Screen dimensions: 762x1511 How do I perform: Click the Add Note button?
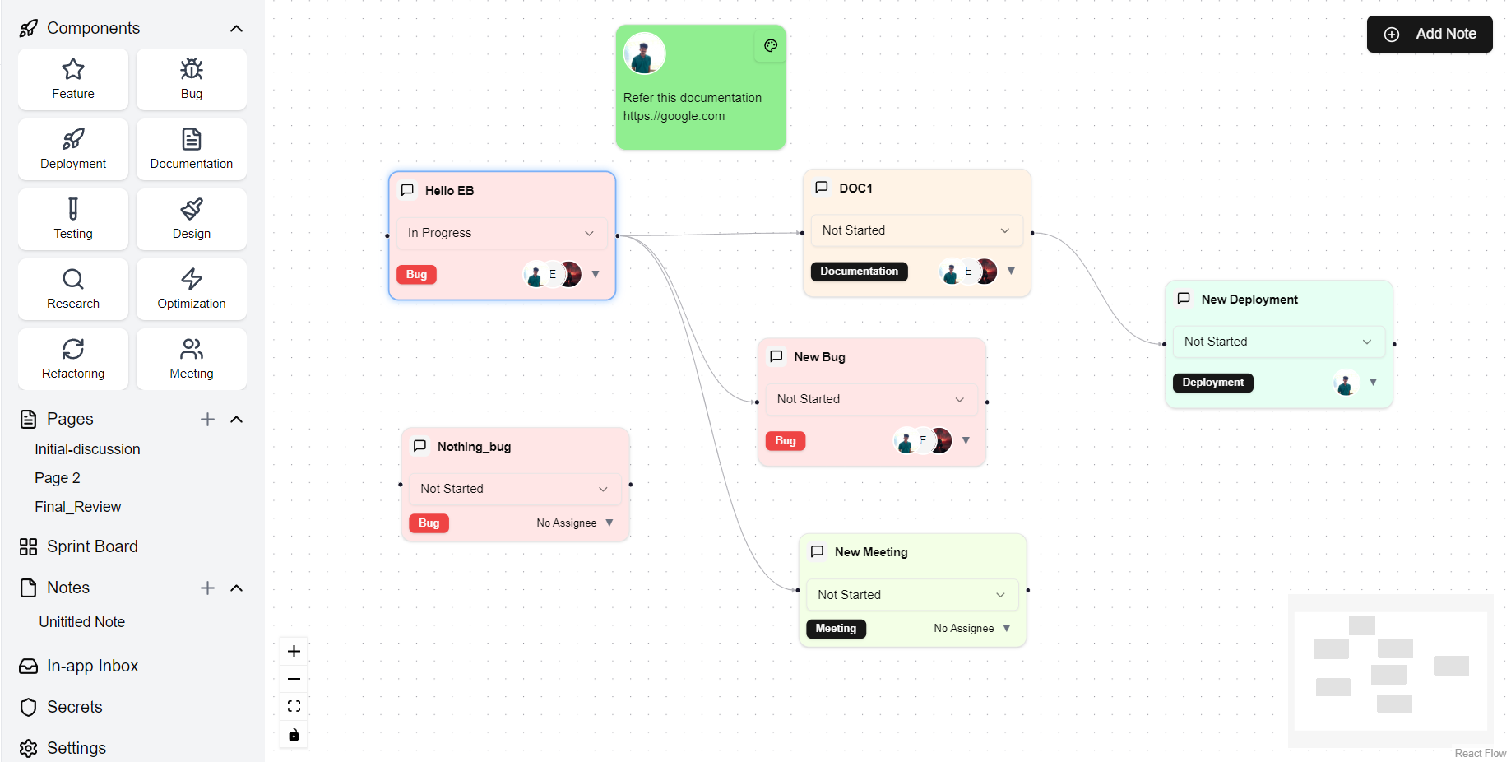pyautogui.click(x=1430, y=34)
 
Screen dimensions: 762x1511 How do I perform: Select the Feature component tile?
pyautogui.click(x=73, y=79)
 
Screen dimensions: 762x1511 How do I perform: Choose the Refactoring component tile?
pyautogui.click(x=73, y=359)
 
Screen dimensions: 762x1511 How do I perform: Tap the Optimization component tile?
pyautogui.click(x=192, y=289)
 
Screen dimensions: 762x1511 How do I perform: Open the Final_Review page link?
pyautogui.click(x=78, y=507)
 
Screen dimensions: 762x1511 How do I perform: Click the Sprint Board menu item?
pyautogui.click(x=92, y=546)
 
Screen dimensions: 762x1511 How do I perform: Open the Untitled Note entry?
pyautogui.click(x=82, y=622)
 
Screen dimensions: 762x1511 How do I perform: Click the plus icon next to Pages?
pyautogui.click(x=207, y=420)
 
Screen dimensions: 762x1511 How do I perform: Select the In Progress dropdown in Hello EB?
pyautogui.click(x=501, y=233)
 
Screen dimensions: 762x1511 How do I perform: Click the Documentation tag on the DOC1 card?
pyautogui.click(x=859, y=272)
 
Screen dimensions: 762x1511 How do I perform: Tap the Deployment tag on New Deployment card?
pyautogui.click(x=1212, y=383)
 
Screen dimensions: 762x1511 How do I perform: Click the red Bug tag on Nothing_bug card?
pyautogui.click(x=429, y=523)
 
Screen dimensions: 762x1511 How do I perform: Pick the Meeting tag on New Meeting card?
pyautogui.click(x=836, y=629)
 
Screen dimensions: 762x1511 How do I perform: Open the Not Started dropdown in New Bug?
pyautogui.click(x=870, y=399)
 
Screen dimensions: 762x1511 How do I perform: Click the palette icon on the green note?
pyautogui.click(x=771, y=46)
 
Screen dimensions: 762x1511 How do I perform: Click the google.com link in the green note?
pyautogui.click(x=674, y=116)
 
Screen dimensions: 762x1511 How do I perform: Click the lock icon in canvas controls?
pyautogui.click(x=294, y=735)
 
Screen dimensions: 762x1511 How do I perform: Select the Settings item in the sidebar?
pyautogui.click(x=76, y=748)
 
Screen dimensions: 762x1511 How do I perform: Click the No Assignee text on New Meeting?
pyautogui.click(x=963, y=629)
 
